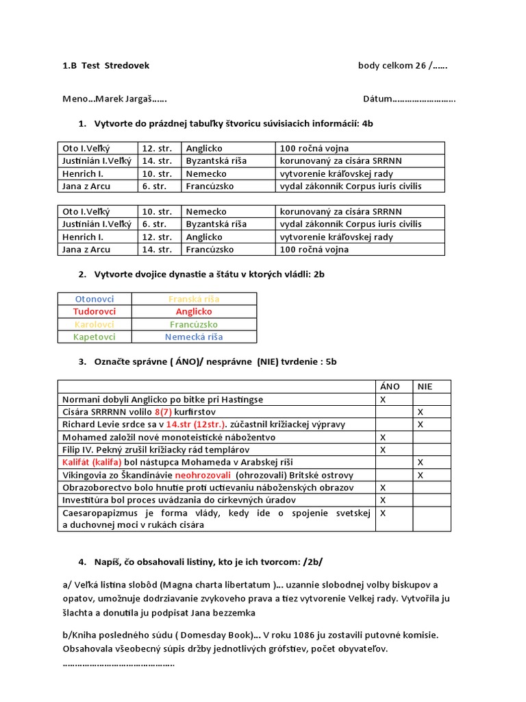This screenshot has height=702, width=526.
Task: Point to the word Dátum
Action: click(377, 99)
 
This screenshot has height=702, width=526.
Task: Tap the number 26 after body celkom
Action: click(419, 66)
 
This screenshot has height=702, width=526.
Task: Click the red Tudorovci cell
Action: click(95, 311)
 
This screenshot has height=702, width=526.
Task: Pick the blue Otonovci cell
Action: click(95, 299)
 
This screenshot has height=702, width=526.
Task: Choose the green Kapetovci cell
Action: click(95, 337)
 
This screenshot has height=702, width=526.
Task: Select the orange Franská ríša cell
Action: click(194, 299)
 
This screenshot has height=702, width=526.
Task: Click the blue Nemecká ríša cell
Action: click(194, 337)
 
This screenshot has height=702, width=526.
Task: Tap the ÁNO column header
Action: click(390, 387)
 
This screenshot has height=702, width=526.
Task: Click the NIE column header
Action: click(425, 387)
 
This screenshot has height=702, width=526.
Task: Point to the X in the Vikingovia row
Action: click(421, 475)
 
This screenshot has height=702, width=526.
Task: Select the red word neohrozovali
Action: click(204, 475)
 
